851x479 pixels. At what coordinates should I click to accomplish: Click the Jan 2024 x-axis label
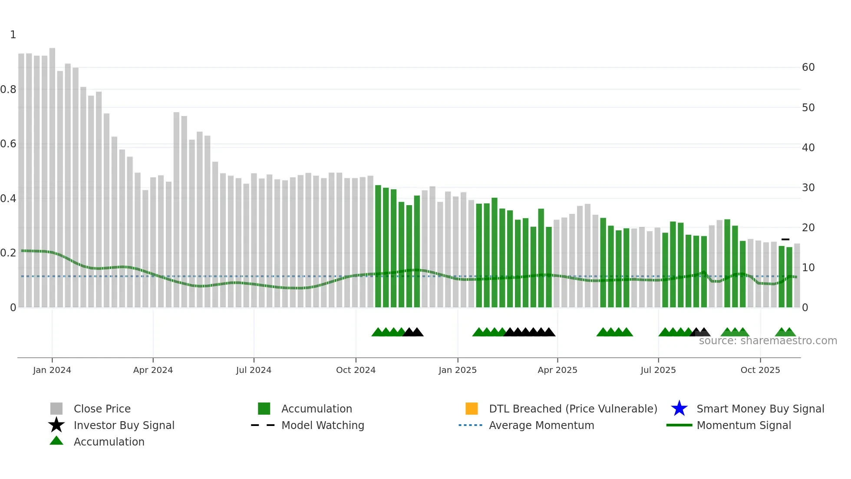click(52, 370)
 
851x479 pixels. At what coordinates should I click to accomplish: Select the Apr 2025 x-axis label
click(557, 370)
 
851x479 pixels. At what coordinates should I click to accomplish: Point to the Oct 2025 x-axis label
click(760, 370)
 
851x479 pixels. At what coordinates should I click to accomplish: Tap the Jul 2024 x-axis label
click(254, 370)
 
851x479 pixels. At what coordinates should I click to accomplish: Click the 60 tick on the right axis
click(808, 67)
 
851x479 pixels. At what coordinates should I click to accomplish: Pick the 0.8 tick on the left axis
click(8, 90)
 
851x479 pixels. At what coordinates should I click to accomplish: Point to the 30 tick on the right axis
click(808, 188)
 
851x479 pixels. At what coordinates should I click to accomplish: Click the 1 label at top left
click(13, 35)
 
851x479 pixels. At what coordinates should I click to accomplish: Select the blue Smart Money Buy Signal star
click(679, 409)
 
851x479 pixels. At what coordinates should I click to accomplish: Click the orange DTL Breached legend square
click(472, 409)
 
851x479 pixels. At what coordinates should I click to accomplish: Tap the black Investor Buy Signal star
click(56, 425)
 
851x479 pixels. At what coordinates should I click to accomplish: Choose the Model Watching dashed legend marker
click(263, 425)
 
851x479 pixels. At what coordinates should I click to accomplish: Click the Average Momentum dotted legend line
click(470, 425)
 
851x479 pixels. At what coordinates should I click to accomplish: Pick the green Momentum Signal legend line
click(679, 425)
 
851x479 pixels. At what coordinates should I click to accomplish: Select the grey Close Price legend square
click(56, 409)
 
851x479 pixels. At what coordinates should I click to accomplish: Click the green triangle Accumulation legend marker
click(56, 441)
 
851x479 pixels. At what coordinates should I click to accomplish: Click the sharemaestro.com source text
click(768, 341)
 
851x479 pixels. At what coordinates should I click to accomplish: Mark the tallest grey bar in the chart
click(52, 174)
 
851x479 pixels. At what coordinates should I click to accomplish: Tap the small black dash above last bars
click(785, 239)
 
